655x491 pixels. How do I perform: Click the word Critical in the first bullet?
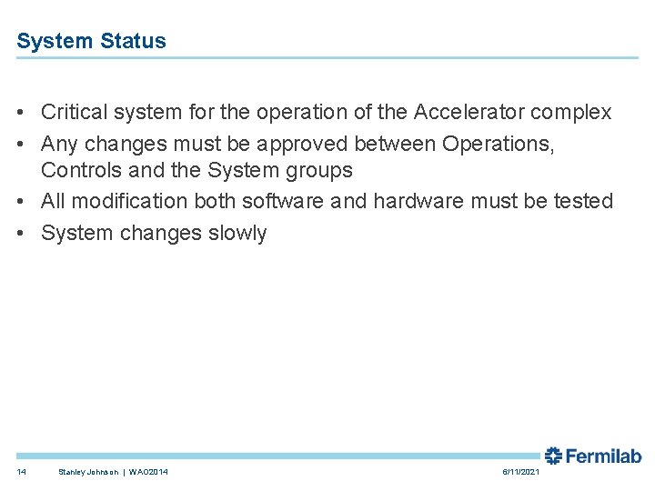76,113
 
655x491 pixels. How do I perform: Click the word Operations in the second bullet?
498,144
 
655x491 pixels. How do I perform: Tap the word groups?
317,171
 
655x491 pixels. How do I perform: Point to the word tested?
583,201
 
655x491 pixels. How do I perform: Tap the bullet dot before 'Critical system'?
20,114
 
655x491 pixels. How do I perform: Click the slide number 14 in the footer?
22,472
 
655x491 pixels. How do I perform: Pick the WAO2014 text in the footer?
148,472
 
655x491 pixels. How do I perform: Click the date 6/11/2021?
520,472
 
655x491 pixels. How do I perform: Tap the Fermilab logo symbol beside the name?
553,456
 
